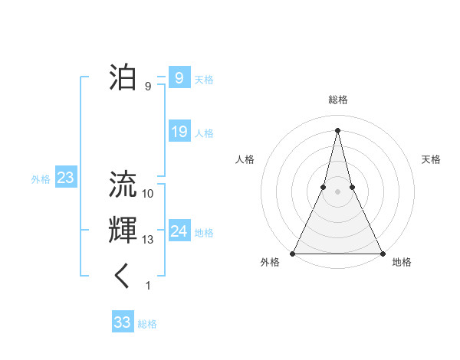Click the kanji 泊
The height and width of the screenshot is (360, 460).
pyautogui.click(x=123, y=77)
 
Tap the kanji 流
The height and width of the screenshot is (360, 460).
pyautogui.click(x=123, y=184)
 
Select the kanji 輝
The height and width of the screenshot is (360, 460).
pyautogui.click(x=123, y=230)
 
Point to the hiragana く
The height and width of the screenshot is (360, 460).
pyautogui.click(x=123, y=276)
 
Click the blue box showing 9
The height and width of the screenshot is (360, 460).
pyautogui.click(x=179, y=77)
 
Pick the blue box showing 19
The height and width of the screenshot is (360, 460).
pyautogui.click(x=179, y=132)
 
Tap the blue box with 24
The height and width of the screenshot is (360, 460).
pyautogui.click(x=179, y=231)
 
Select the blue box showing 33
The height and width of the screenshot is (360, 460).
pyautogui.click(x=122, y=322)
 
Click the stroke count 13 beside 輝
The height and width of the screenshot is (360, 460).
pyautogui.click(x=148, y=240)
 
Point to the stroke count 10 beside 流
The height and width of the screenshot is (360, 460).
pyautogui.click(x=148, y=194)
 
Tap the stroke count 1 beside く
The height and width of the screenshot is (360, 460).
pyautogui.click(x=148, y=286)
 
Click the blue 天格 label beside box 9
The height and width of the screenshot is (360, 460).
pyautogui.click(x=204, y=79)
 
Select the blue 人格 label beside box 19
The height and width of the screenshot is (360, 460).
pyautogui.click(x=204, y=133)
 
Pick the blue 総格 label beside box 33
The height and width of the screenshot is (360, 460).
pyautogui.click(x=147, y=324)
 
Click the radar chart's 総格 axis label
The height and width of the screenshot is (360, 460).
pyautogui.click(x=337, y=100)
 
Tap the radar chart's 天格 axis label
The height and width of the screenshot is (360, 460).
pyautogui.click(x=431, y=159)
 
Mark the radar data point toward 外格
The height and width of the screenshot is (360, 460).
pyautogui.click(x=293, y=253)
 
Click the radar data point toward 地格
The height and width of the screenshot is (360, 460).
pyautogui.click(x=382, y=253)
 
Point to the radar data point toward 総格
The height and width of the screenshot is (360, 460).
pyautogui.click(x=337, y=129)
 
